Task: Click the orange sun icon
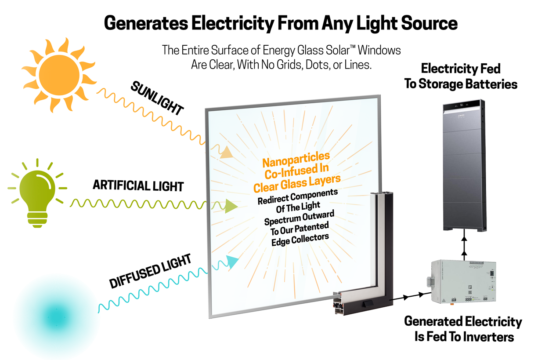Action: [59, 75]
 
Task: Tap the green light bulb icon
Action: [37, 193]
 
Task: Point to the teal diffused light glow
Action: [57, 316]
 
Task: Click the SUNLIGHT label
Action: [157, 98]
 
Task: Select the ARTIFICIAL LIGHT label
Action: [138, 185]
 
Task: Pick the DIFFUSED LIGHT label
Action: [150, 271]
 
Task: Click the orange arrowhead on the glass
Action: [226, 152]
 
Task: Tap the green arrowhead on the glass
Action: [231, 206]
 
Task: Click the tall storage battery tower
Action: [464, 165]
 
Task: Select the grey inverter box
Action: [462, 281]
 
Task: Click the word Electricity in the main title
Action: [233, 23]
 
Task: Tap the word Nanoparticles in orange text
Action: [296, 160]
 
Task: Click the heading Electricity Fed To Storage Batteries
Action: [461, 76]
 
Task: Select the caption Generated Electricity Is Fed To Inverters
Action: [463, 329]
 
